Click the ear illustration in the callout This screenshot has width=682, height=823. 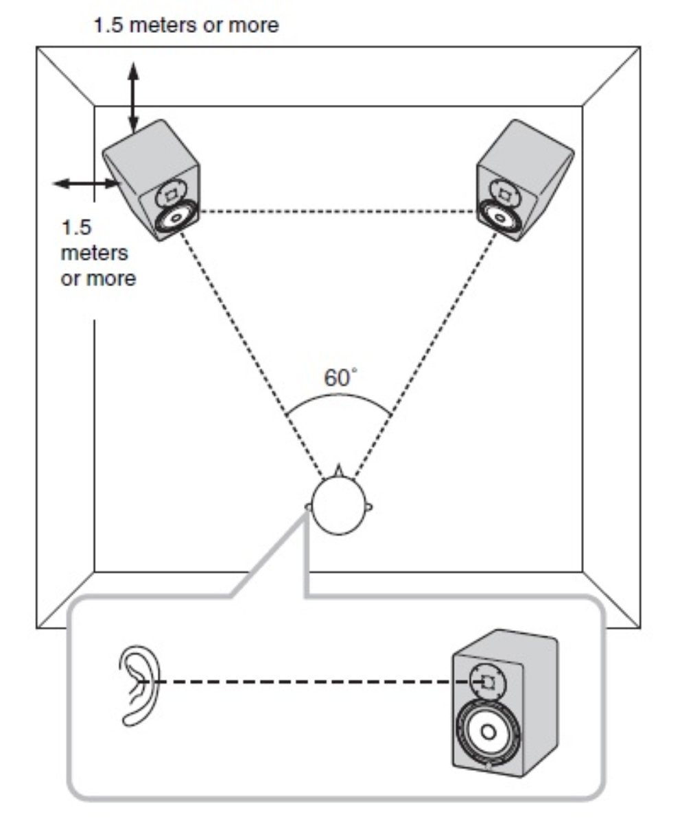(x=139, y=685)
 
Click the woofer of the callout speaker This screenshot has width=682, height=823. (x=488, y=732)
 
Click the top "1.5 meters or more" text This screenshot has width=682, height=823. (x=186, y=26)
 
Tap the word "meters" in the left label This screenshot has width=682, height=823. (x=95, y=252)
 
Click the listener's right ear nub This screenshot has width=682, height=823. (x=371, y=508)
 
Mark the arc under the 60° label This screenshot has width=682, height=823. (x=339, y=397)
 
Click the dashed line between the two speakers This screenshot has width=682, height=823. (x=338, y=212)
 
